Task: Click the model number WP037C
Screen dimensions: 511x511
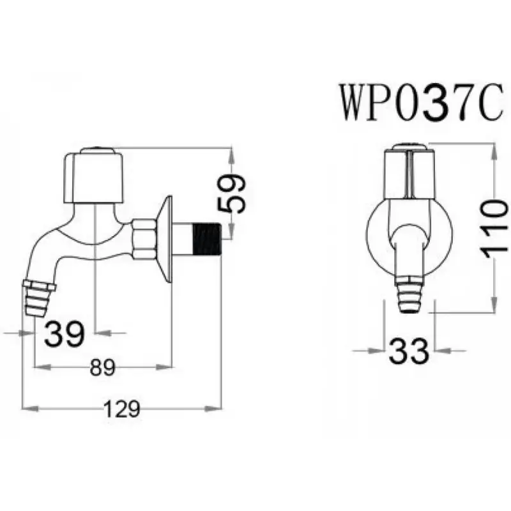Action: [x=421, y=102]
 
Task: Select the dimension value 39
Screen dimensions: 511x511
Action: [x=65, y=333]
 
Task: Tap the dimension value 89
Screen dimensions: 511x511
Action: [x=103, y=368]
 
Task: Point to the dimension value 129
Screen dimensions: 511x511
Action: [x=121, y=409]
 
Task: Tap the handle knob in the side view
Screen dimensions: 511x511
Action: [x=94, y=176]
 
